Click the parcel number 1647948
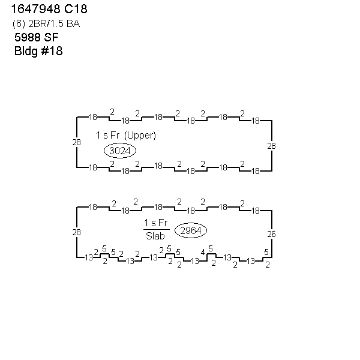[x=36, y=9]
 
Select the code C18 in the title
[x=76, y=9]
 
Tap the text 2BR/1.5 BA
[x=54, y=23]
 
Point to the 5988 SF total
[x=36, y=37]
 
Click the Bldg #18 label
[x=38, y=51]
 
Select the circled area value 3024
[x=120, y=151]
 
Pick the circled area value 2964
[x=191, y=230]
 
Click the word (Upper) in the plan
[x=140, y=135]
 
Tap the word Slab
[x=155, y=236]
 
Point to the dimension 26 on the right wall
[x=271, y=234]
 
